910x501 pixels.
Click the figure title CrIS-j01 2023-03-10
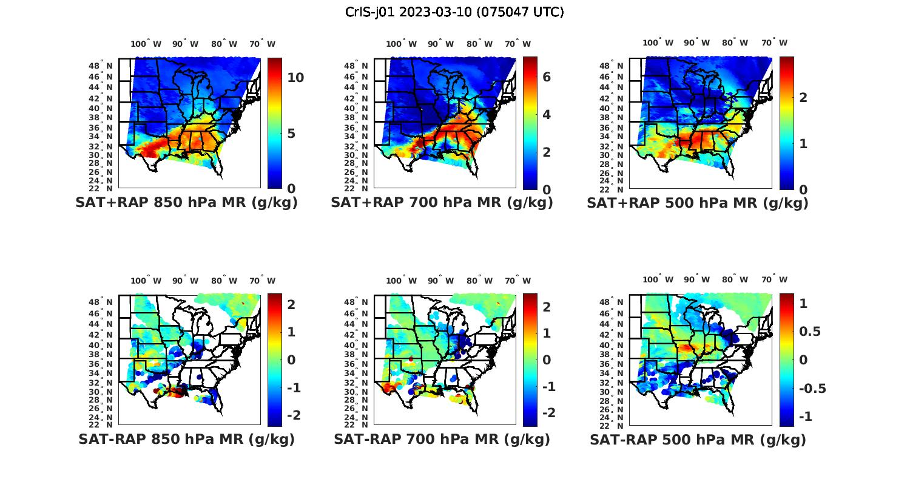click(454, 12)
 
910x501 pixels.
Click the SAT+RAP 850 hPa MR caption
click(186, 203)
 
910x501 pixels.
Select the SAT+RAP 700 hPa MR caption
click(442, 203)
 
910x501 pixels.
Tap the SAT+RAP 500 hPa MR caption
click(698, 203)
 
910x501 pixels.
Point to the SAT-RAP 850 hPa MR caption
click(186, 439)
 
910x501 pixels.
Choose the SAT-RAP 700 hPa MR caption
click(442, 439)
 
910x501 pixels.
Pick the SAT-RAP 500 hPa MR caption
click(698, 440)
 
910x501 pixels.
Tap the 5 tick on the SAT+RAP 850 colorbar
click(292, 134)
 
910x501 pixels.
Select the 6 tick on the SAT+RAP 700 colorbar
click(547, 77)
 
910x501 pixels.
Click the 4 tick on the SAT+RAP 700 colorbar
click(547, 114)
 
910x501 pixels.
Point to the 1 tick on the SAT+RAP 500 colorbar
click(803, 144)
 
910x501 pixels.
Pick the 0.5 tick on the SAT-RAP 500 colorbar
click(810, 332)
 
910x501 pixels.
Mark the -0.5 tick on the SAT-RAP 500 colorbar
click(812, 389)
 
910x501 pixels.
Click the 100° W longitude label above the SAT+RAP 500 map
click(658, 43)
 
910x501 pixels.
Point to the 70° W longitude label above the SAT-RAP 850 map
click(262, 281)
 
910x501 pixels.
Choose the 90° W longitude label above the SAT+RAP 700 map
click(440, 44)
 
